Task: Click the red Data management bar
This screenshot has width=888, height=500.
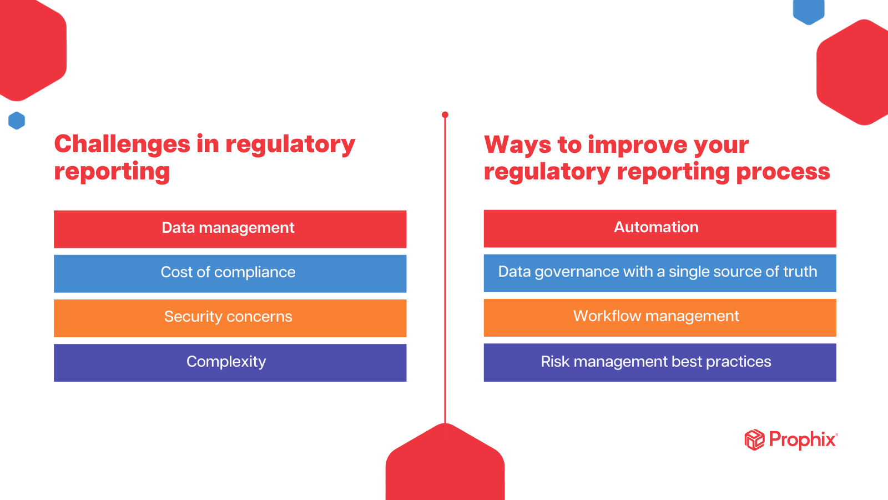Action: coord(230,229)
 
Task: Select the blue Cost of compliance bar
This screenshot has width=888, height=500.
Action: coord(230,273)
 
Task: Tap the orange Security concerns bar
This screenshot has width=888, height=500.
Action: coord(230,318)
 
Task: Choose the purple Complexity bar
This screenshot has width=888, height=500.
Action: coord(230,362)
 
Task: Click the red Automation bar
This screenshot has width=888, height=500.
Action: coord(659,228)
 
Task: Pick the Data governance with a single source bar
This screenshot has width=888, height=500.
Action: coord(659,273)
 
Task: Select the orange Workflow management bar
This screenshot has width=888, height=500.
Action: coord(659,317)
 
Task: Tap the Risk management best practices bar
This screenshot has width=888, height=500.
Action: coord(659,362)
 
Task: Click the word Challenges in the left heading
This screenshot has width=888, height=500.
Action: coord(122,144)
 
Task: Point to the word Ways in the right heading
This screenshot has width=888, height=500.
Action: coord(517,145)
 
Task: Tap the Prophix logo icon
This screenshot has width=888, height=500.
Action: coord(754,440)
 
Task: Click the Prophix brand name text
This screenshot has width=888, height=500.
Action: coord(803,440)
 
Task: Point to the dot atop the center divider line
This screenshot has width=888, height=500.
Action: coord(445,115)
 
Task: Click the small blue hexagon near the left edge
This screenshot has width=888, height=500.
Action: coord(17,121)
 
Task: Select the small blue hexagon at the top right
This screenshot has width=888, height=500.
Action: coord(809,10)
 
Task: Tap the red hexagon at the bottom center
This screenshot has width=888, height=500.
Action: coord(445,464)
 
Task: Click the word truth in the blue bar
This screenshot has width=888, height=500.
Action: coord(800,272)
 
